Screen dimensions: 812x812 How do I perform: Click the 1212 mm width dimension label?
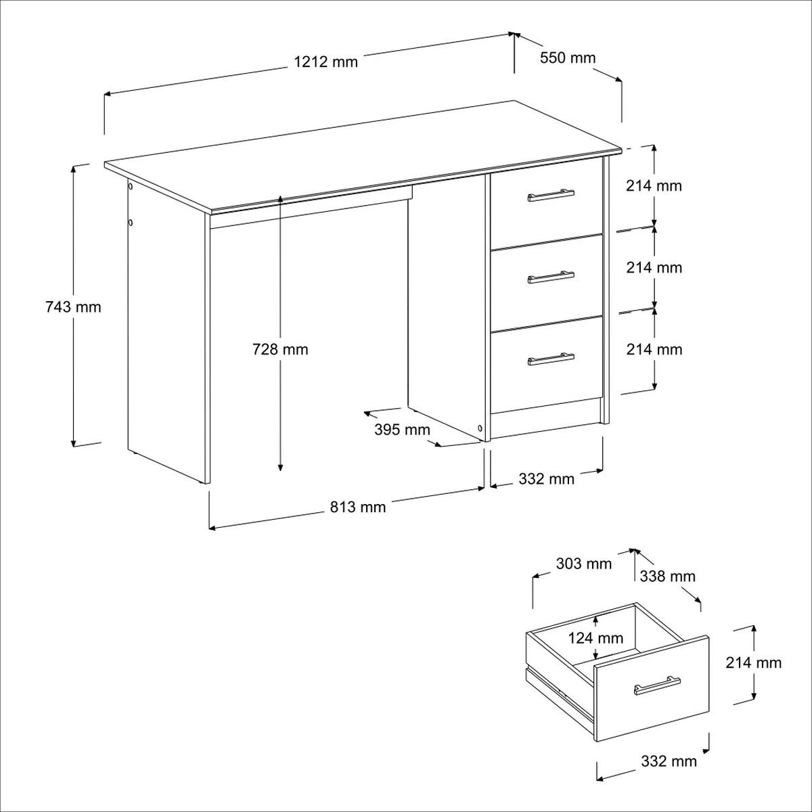[325, 62]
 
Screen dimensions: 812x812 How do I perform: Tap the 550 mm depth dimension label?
[568, 58]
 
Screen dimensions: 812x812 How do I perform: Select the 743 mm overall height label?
[73, 307]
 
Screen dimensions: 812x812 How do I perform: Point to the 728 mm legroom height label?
[280, 349]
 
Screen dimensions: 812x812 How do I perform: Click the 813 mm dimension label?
[358, 507]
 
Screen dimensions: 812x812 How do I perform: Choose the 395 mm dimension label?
[402, 430]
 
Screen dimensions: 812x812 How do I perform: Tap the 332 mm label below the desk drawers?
[546, 479]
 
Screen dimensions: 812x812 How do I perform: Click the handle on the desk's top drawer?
[551, 195]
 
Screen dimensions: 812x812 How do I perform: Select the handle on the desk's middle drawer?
[551, 277]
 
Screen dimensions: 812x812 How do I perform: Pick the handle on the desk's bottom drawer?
[551, 359]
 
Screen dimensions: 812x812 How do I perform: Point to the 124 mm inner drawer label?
[596, 638]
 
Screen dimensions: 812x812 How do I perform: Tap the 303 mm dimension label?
[583, 564]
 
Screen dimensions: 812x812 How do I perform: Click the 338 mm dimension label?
[667, 576]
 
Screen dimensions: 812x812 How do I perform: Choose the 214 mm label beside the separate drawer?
[753, 663]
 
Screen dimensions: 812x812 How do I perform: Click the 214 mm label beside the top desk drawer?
[654, 185]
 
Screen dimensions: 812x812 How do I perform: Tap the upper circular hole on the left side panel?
[130, 186]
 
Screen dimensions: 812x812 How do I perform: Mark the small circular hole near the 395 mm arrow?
[480, 428]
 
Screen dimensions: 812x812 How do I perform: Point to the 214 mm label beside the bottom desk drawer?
[654, 349]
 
